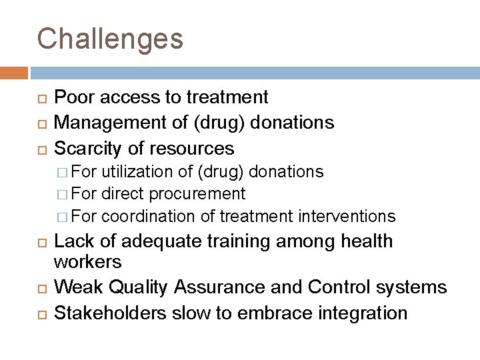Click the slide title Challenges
click(110, 39)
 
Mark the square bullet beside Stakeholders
click(41, 313)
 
